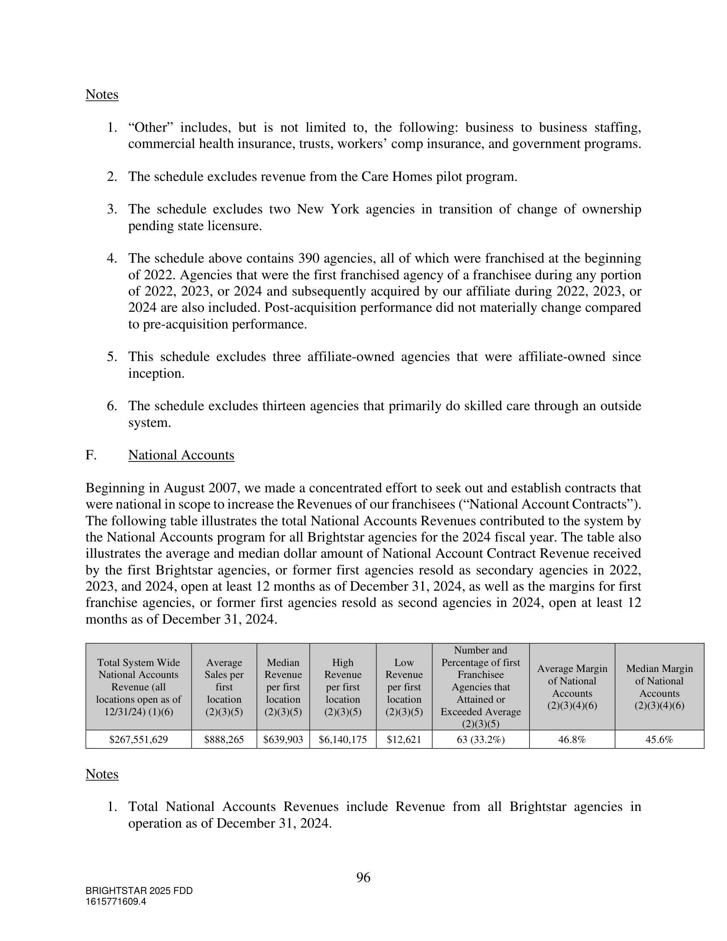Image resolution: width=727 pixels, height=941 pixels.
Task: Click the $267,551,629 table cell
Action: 138,740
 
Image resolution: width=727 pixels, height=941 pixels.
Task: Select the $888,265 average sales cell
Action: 224,740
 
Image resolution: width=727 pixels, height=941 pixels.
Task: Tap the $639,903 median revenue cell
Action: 283,740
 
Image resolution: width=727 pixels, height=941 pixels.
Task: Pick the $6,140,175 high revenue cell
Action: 343,740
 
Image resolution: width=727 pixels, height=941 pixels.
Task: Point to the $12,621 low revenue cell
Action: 404,740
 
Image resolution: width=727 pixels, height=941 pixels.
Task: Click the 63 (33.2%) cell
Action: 480,740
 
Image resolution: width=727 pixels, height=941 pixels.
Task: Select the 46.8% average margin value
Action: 571,740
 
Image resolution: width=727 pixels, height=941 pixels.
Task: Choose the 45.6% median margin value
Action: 659,740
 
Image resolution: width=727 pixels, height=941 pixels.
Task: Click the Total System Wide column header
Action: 138,687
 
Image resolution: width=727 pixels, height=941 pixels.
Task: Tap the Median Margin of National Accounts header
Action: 659,687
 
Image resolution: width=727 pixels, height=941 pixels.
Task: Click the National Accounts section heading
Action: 181,455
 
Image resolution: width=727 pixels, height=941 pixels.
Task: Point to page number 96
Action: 363,877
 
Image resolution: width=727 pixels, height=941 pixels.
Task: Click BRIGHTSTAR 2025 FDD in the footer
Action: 139,891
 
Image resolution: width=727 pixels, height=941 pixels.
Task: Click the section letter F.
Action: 90,455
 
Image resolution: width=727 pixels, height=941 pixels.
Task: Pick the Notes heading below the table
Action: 102,774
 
